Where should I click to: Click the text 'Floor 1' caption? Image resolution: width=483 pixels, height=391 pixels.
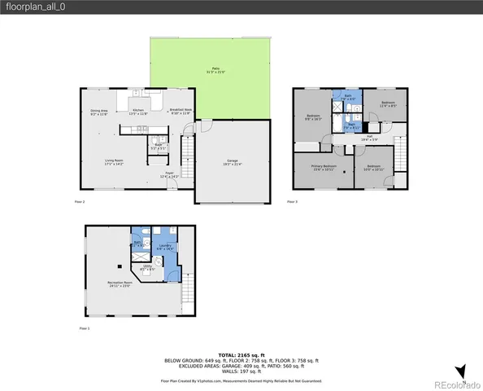pyautogui.click(x=85, y=328)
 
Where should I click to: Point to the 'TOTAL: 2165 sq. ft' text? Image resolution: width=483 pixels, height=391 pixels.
pyautogui.click(x=241, y=354)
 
